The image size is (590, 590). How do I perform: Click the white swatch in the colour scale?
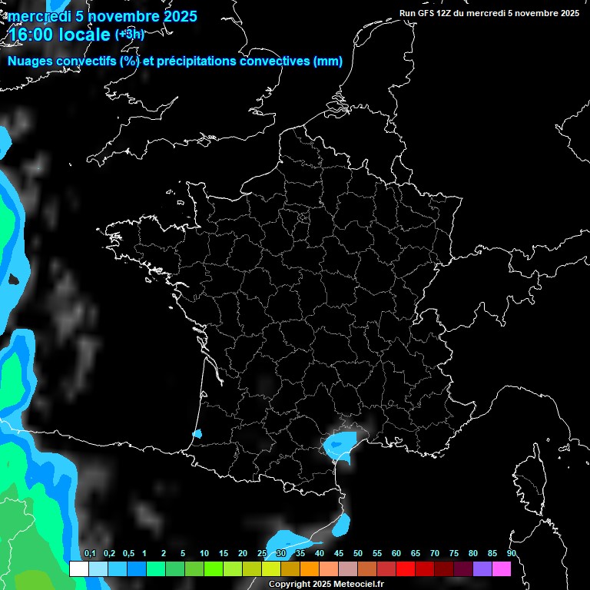(78, 569)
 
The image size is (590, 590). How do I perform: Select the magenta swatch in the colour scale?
(502, 569)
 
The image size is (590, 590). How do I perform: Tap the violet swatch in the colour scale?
(482, 569)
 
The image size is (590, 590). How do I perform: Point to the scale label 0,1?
(90, 554)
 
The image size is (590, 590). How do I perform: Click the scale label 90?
(512, 554)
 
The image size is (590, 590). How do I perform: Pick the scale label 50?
(358, 554)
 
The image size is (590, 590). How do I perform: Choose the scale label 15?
(223, 554)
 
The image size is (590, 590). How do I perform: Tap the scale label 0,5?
(128, 554)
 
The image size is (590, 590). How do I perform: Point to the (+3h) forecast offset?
(129, 34)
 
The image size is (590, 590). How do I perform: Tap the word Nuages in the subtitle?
(31, 61)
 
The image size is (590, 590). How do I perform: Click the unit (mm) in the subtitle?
(328, 61)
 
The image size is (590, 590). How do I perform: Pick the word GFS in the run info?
(435, 13)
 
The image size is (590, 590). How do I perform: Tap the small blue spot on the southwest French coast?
(197, 434)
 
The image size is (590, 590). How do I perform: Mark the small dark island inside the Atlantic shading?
(13, 280)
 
